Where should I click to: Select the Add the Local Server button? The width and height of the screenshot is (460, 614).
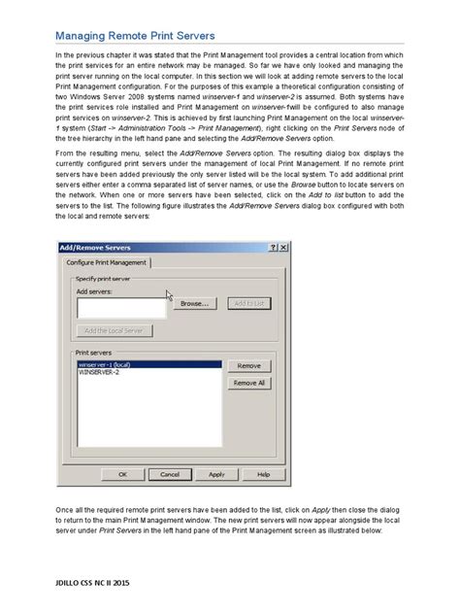[x=114, y=330]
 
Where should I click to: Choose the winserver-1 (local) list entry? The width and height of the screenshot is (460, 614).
[x=105, y=364]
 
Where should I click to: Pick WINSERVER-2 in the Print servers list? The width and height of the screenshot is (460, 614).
[x=101, y=372]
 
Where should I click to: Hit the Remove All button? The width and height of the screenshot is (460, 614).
[x=249, y=383]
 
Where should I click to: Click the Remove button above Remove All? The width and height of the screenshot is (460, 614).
[x=249, y=365]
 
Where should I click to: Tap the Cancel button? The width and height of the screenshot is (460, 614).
[x=170, y=474]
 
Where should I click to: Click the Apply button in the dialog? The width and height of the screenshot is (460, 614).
[x=216, y=474]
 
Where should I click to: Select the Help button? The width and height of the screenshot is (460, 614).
[x=263, y=474]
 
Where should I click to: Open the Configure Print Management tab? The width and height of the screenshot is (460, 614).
[x=108, y=262]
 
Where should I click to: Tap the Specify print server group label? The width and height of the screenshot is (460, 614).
[x=102, y=278]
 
